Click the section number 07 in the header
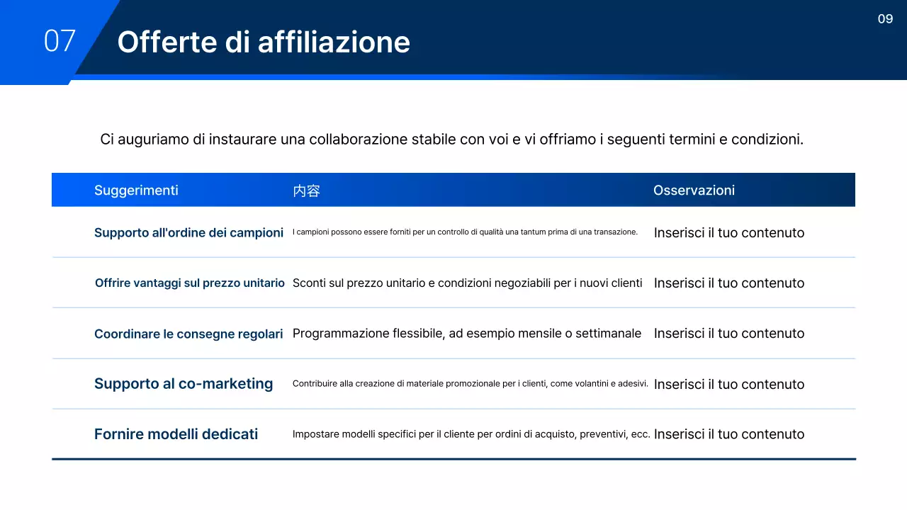(60, 41)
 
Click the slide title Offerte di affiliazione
(264, 42)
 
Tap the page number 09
(885, 19)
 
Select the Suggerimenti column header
(136, 190)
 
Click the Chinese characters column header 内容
(306, 191)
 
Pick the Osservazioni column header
(694, 190)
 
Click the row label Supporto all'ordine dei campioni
(188, 232)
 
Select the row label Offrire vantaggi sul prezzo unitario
(190, 283)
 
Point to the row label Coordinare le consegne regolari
(188, 334)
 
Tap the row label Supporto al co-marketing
(184, 383)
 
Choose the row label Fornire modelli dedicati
(176, 434)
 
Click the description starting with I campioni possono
(465, 232)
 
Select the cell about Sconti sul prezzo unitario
(467, 283)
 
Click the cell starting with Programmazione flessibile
(466, 333)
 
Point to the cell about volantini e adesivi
(470, 383)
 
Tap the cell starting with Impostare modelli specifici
(471, 434)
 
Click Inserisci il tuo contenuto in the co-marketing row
(729, 384)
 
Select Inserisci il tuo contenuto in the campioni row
(729, 232)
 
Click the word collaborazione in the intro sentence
(358, 140)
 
